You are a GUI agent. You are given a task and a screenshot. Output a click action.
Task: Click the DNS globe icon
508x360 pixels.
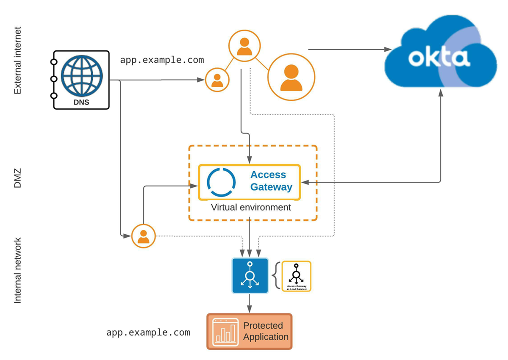pyautogui.click(x=82, y=76)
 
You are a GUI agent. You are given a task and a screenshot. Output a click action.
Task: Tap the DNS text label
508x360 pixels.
pyautogui.click(x=81, y=102)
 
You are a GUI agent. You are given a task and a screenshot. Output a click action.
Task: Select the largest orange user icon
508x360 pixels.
pyautogui.click(x=291, y=77)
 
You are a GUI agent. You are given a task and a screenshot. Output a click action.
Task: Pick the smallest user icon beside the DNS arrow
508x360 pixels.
pyautogui.click(x=217, y=80)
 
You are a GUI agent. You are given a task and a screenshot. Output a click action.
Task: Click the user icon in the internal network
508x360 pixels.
pyautogui.click(x=144, y=236)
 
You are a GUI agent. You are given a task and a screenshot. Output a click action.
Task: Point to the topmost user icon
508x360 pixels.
pyautogui.click(x=244, y=46)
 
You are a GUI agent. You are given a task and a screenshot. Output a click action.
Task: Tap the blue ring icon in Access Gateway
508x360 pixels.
pyautogui.click(x=221, y=182)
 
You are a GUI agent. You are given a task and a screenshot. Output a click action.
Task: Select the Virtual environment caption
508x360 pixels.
pyautogui.click(x=251, y=208)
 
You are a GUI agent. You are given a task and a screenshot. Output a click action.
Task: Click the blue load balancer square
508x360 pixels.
pyautogui.click(x=250, y=276)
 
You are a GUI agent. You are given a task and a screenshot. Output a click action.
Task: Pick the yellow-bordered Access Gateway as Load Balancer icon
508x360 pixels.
pyautogui.click(x=296, y=276)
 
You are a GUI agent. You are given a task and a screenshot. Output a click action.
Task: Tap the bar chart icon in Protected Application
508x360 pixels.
pyautogui.click(x=225, y=332)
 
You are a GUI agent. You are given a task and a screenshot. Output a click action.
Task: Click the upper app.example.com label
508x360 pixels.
pyautogui.click(x=162, y=60)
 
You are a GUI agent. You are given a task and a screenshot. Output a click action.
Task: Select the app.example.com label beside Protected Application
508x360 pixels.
pyautogui.click(x=148, y=332)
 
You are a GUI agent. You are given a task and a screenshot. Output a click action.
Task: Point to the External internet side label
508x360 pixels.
pyautogui.click(x=17, y=61)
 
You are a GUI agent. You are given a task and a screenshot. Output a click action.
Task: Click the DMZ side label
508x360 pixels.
pyautogui.click(x=17, y=178)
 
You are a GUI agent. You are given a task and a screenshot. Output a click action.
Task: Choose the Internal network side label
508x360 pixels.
pyautogui.click(x=17, y=270)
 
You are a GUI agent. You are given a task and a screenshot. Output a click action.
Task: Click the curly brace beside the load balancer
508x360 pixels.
pyautogui.click(x=275, y=276)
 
